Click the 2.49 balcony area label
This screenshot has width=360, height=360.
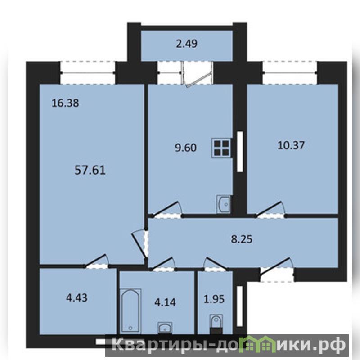[187, 44]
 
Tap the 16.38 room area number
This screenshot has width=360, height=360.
[65, 103]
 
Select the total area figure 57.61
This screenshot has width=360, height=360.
[90, 171]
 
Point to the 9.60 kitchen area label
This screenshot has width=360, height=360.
[186, 148]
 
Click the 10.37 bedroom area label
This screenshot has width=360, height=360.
[291, 145]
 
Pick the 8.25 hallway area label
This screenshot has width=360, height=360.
[242, 239]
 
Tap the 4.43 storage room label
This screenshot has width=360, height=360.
[76, 298]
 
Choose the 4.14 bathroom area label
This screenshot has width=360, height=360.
[165, 302]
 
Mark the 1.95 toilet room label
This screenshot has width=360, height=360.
[214, 299]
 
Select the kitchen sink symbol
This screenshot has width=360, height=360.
[223, 204]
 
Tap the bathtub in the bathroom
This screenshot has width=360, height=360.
[130, 310]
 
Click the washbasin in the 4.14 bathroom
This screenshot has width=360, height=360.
[165, 328]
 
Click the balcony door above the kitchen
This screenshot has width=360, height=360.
[198, 74]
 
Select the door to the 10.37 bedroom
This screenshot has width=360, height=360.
[271, 210]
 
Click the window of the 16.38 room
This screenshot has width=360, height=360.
[88, 72]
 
